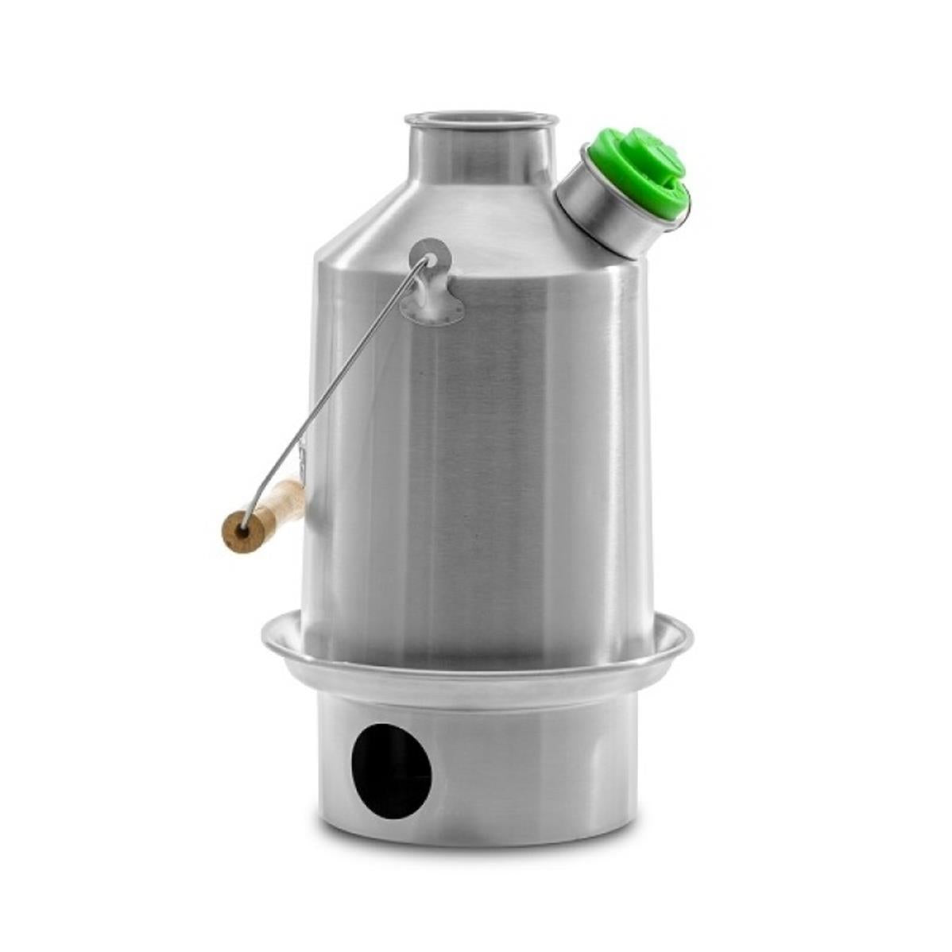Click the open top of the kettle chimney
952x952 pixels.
(x=481, y=119)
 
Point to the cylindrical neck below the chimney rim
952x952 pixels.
(x=480, y=155)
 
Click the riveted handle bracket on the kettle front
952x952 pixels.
(x=431, y=286)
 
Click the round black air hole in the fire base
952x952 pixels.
(x=391, y=771)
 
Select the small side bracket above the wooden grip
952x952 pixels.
(x=301, y=461)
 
